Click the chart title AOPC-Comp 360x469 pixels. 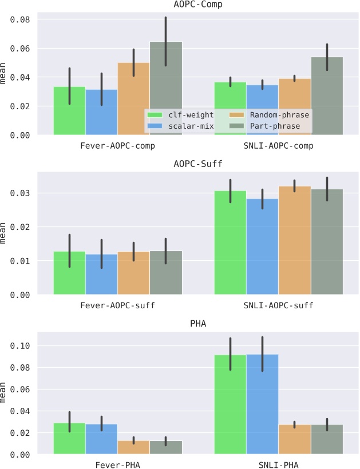(x=198, y=5)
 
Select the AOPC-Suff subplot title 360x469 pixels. (x=198, y=165)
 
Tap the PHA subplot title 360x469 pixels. (x=198, y=324)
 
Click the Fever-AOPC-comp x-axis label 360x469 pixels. (x=117, y=146)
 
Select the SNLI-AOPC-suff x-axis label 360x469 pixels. (x=279, y=305)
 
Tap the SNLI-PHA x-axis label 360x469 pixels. (x=279, y=465)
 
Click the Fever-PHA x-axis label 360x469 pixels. (x=117, y=465)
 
